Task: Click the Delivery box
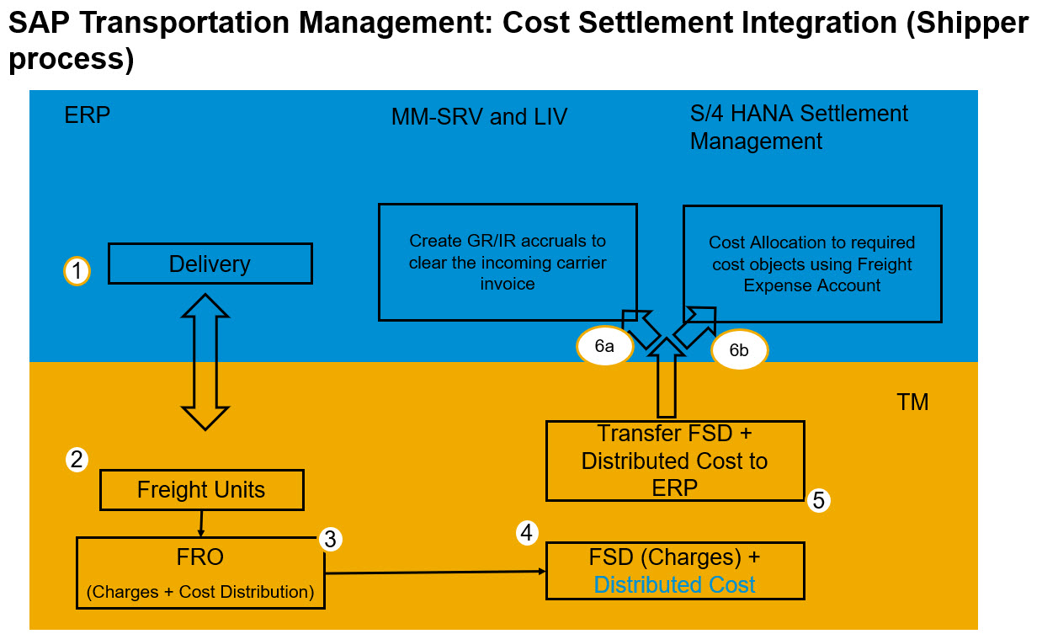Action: click(x=210, y=264)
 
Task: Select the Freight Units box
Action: click(x=200, y=490)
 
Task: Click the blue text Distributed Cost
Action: click(x=674, y=585)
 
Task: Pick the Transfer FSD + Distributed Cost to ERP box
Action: click(x=674, y=461)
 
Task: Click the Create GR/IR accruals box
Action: click(x=508, y=262)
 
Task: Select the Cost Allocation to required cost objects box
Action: click(x=811, y=263)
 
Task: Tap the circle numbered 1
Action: click(x=77, y=271)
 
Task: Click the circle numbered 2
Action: click(x=77, y=460)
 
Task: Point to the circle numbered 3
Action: click(x=330, y=539)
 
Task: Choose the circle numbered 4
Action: click(x=527, y=532)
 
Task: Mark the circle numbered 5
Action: click(x=818, y=501)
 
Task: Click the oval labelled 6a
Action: click(x=603, y=346)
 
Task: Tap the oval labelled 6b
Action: click(x=739, y=350)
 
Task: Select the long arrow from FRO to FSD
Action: click(x=434, y=573)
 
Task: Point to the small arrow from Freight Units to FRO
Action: click(x=200, y=524)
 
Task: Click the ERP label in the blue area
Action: click(x=88, y=115)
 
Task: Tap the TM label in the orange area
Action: click(x=912, y=402)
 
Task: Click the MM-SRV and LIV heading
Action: click(x=479, y=117)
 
